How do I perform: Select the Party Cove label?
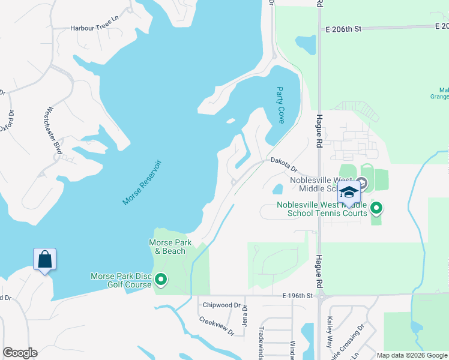(280, 105)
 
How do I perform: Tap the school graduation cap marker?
(349, 192)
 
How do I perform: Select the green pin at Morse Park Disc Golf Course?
(161, 280)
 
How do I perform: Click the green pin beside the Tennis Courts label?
(376, 208)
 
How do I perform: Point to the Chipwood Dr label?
(221, 305)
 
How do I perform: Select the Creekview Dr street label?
(217, 326)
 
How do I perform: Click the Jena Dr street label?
(245, 314)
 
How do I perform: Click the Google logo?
(20, 353)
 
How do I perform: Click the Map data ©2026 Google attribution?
(412, 355)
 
